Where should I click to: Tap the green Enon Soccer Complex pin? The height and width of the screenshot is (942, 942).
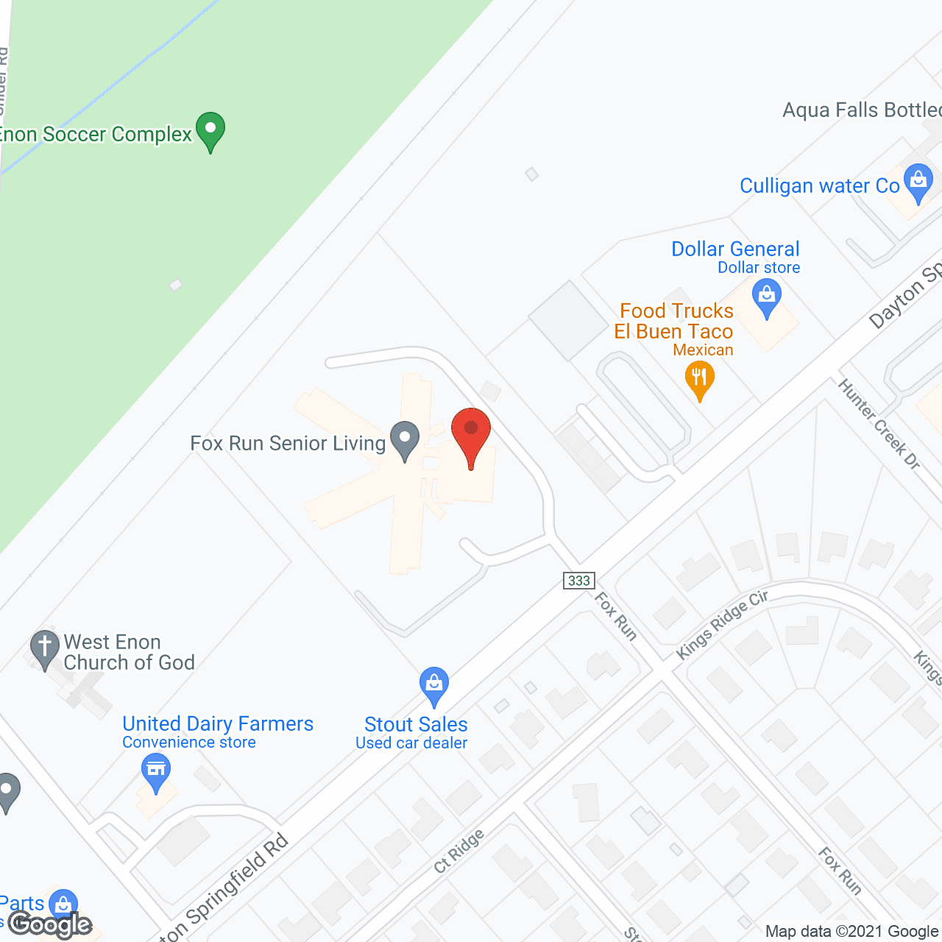point(210,130)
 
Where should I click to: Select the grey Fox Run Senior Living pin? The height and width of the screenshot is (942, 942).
point(404,439)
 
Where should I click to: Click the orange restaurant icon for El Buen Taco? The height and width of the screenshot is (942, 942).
point(699,380)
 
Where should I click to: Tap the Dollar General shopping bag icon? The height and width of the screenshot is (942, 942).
point(767,299)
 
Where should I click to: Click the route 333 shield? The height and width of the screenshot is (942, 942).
point(579,581)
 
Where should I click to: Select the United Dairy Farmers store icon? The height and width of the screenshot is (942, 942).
point(155,771)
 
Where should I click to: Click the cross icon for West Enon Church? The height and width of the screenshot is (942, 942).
point(44,648)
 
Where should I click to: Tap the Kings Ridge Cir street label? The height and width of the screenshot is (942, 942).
point(722,624)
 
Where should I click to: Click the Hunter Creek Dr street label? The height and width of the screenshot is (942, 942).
point(879,424)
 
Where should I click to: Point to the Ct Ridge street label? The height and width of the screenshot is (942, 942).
point(459,851)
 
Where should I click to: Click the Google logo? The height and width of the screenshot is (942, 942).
point(50,924)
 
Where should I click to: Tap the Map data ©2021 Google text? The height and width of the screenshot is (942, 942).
point(852,932)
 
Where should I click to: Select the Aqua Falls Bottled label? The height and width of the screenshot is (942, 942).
point(862,110)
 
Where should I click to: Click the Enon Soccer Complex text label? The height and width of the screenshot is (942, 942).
point(96,134)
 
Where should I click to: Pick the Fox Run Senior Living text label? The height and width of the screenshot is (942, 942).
point(288,443)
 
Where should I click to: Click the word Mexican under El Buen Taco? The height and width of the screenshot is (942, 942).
point(703,350)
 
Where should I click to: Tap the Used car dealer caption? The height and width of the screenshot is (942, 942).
point(411,743)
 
